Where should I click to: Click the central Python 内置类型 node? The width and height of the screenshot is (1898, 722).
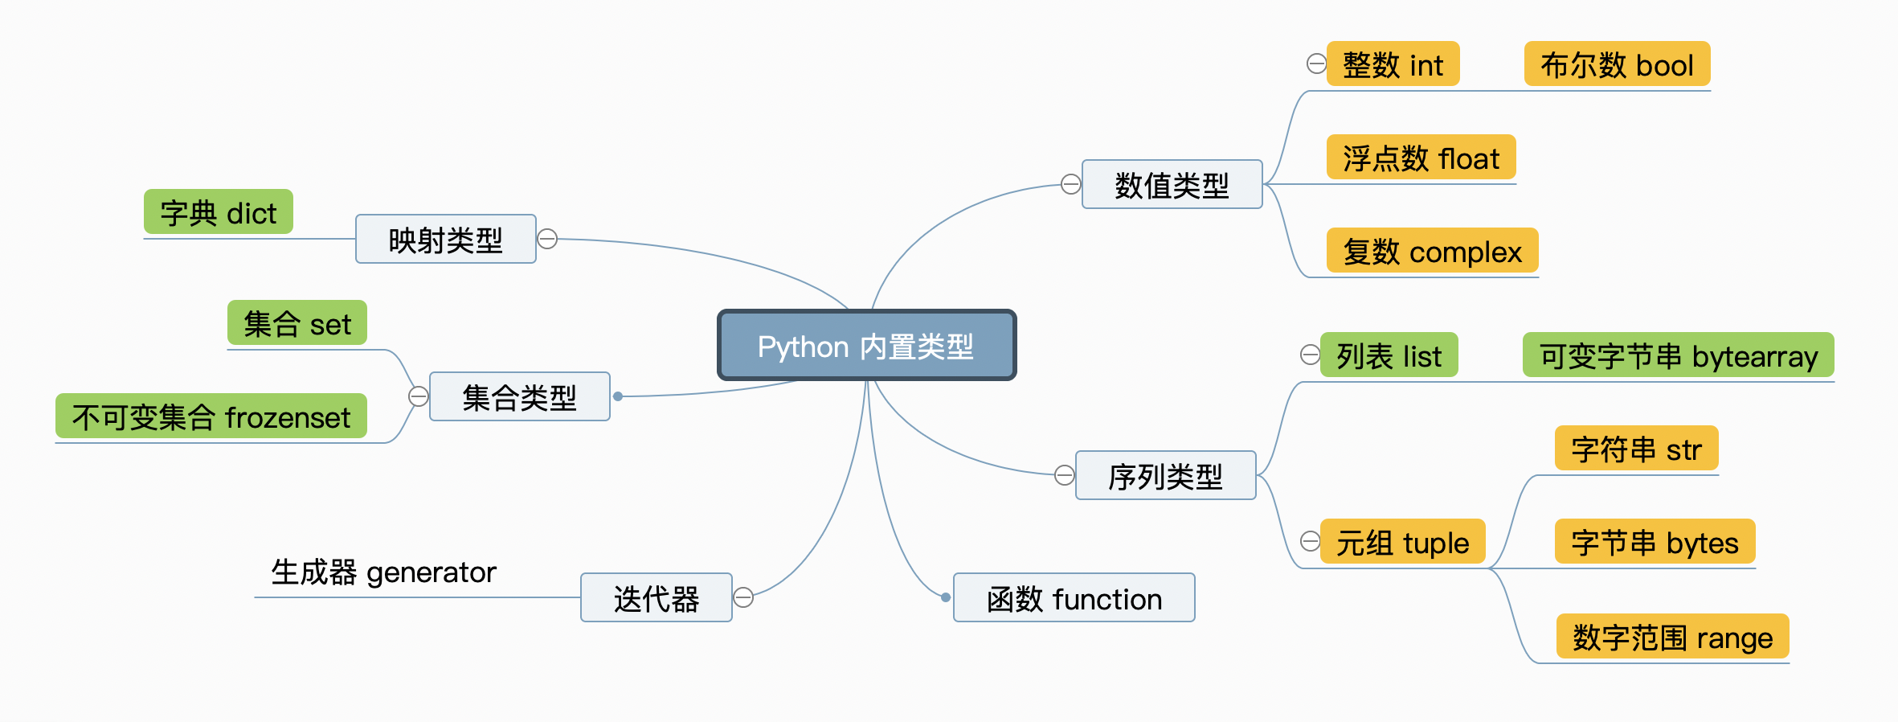[x=866, y=346]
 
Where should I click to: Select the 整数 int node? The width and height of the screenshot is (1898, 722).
[x=1393, y=64]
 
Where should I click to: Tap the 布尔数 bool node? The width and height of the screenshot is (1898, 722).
[x=1617, y=64]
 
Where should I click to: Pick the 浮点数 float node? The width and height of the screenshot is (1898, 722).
[x=1421, y=158]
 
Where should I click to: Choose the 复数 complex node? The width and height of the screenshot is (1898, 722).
[x=1432, y=251]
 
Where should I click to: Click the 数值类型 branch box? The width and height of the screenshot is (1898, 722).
[x=1172, y=185]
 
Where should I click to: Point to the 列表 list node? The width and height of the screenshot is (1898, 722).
[x=1389, y=355]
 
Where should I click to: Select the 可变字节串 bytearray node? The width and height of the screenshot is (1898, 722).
[x=1678, y=355]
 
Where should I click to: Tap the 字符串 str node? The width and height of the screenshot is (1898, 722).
[x=1636, y=449]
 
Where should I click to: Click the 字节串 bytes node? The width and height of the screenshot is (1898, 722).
[x=1655, y=542]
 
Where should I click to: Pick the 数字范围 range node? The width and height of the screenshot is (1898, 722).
[x=1672, y=637]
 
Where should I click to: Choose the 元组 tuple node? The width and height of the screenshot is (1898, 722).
[x=1402, y=542]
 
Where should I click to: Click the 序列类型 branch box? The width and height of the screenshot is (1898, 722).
[x=1165, y=476]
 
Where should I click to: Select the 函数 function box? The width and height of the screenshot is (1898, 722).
[x=1074, y=598]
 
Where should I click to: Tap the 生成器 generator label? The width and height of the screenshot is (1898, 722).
[x=383, y=572]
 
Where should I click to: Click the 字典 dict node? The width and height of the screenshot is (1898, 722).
[x=218, y=212]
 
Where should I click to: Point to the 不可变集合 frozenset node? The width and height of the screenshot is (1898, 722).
[x=211, y=416]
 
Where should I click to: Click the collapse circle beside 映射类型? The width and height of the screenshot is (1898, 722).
[x=547, y=239]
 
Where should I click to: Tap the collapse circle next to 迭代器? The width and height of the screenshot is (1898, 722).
[x=743, y=597]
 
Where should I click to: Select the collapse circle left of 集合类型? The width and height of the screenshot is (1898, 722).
[x=419, y=396]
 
